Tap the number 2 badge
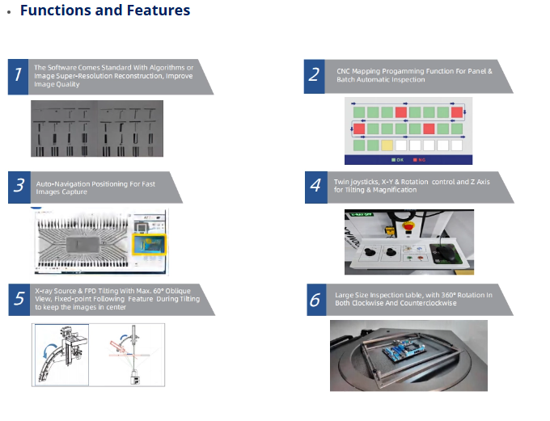314,75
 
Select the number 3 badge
19,187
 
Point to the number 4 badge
315,187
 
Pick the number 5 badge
19,298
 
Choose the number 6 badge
315,300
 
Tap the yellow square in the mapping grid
387,145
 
